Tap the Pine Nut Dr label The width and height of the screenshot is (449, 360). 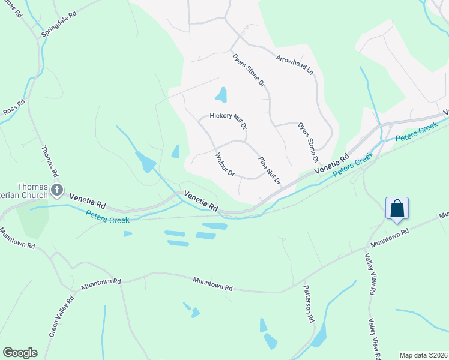point(269,170)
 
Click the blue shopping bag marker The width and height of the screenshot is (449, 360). point(397,209)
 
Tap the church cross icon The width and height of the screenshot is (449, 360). point(57,191)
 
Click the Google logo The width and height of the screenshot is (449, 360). point(20,352)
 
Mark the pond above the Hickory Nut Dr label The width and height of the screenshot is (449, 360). point(221,95)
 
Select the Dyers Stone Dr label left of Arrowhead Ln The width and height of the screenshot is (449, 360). point(248,70)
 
